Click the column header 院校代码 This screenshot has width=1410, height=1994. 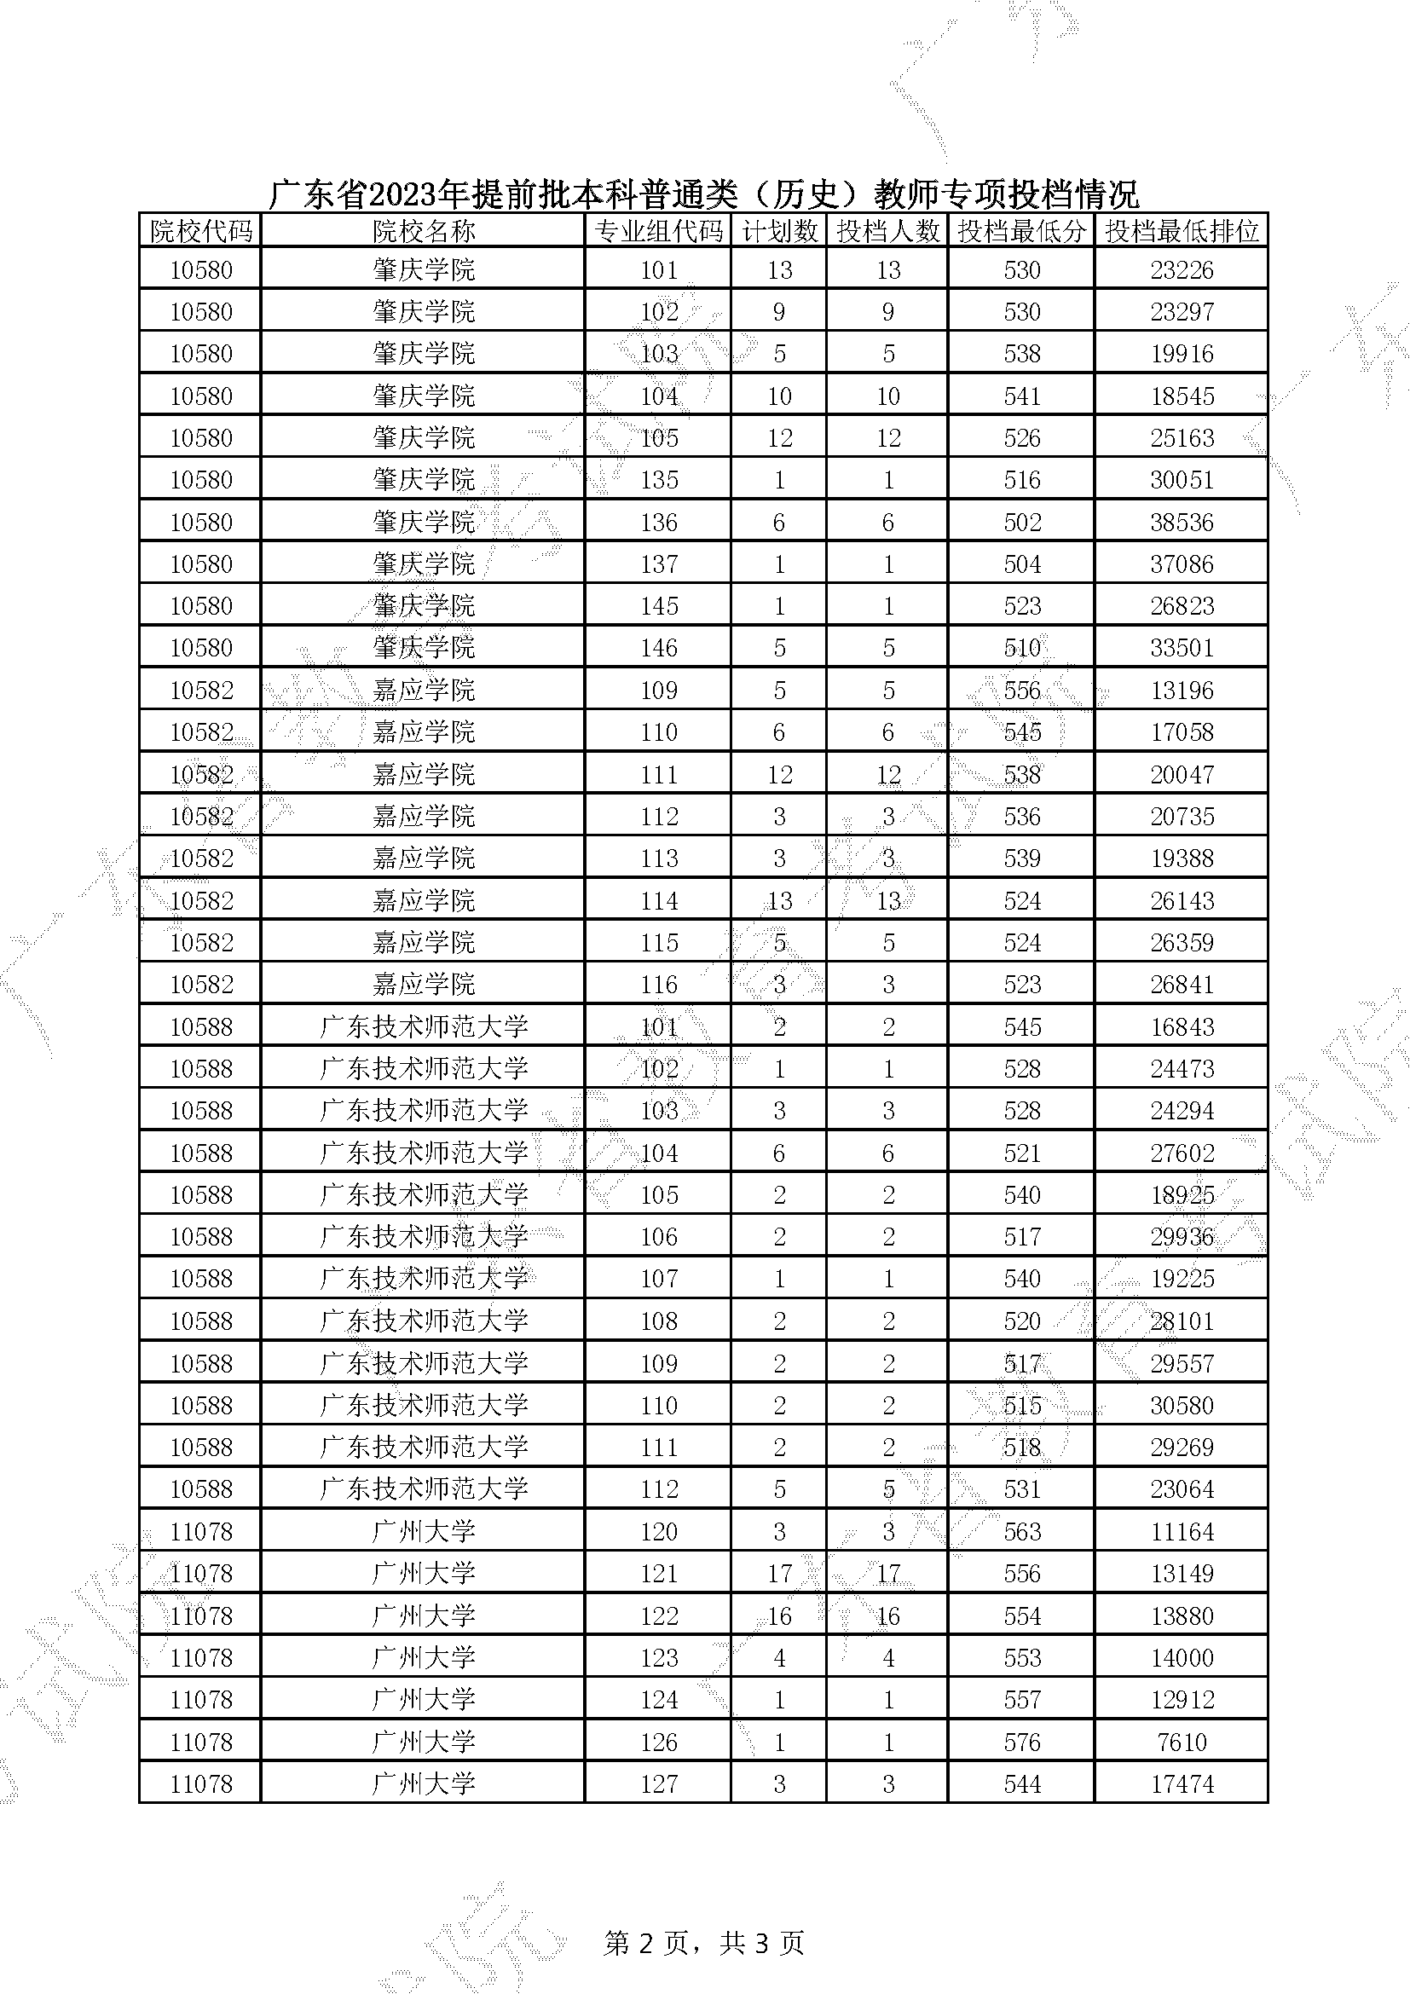pos(200,231)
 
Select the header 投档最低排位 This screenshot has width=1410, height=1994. pos(1181,231)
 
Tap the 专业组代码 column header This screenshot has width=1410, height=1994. pos(658,231)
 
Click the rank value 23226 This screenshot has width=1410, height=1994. pos(1181,270)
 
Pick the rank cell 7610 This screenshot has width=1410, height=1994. pos(1181,1743)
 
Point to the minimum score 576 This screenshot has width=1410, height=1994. pos(1022,1743)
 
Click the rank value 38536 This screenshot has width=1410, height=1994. pos(1181,523)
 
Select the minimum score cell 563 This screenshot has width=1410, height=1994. pos(1022,1532)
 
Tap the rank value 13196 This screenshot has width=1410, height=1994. pos(1181,691)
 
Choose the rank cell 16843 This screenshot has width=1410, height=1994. pos(1181,1027)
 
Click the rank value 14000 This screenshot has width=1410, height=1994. pos(1181,1658)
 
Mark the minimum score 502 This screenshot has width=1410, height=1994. pos(1022,523)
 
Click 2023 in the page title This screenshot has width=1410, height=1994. pos(402,194)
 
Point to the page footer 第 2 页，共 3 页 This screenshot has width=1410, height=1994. pos(704,1943)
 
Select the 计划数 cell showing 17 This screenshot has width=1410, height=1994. pos(779,1574)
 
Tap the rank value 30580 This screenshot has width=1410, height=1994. pos(1181,1406)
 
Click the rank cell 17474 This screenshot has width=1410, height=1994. pos(1181,1784)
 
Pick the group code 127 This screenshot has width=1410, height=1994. pos(658,1784)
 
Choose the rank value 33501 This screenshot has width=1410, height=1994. pos(1181,648)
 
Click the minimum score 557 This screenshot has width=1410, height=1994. pos(1022,1700)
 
